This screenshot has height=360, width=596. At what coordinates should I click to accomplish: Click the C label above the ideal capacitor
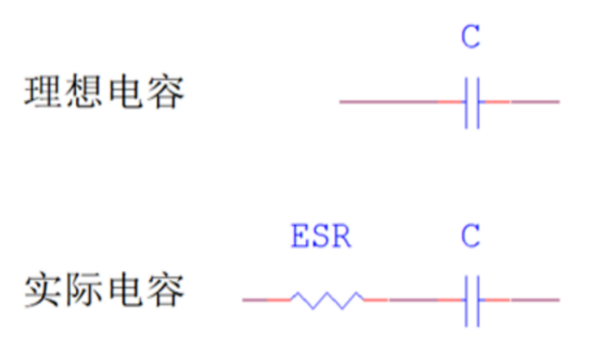471,37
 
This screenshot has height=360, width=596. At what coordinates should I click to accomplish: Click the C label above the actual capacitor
471,236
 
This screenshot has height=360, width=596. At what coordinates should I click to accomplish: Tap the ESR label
321,236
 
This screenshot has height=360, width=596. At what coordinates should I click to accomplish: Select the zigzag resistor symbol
327,300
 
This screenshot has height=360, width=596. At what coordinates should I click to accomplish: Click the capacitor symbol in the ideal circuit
472,103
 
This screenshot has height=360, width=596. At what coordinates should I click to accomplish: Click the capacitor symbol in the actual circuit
472,300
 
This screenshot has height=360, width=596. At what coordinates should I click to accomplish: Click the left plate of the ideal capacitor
467,103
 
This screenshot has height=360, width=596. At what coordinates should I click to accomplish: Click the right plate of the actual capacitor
478,300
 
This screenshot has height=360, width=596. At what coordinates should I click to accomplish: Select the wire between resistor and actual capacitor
412,300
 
